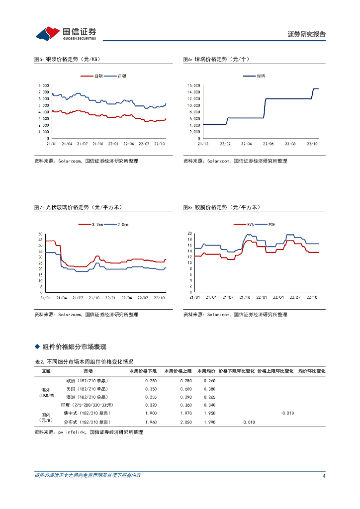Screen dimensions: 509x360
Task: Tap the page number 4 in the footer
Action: point(324,476)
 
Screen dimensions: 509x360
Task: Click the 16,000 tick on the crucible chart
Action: point(193,85)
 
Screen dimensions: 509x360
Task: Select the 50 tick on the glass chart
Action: point(40,234)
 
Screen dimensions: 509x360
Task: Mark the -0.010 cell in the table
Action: point(287,414)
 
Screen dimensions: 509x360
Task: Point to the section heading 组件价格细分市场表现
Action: point(74,346)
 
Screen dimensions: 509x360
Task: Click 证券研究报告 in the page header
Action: point(306,34)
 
